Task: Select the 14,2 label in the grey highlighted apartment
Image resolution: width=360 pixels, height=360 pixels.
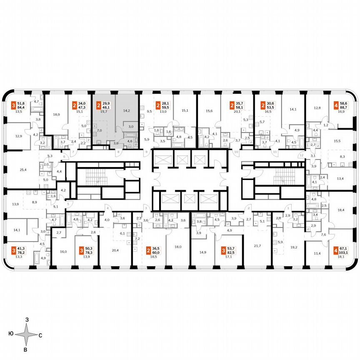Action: coord(127,111)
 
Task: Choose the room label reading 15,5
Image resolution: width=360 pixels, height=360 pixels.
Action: coord(337,141)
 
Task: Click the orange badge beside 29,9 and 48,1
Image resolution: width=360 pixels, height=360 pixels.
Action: coord(95,104)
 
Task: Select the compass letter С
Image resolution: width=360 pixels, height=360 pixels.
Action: coord(40,335)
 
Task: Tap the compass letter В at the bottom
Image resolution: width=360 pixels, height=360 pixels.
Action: coord(25,350)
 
